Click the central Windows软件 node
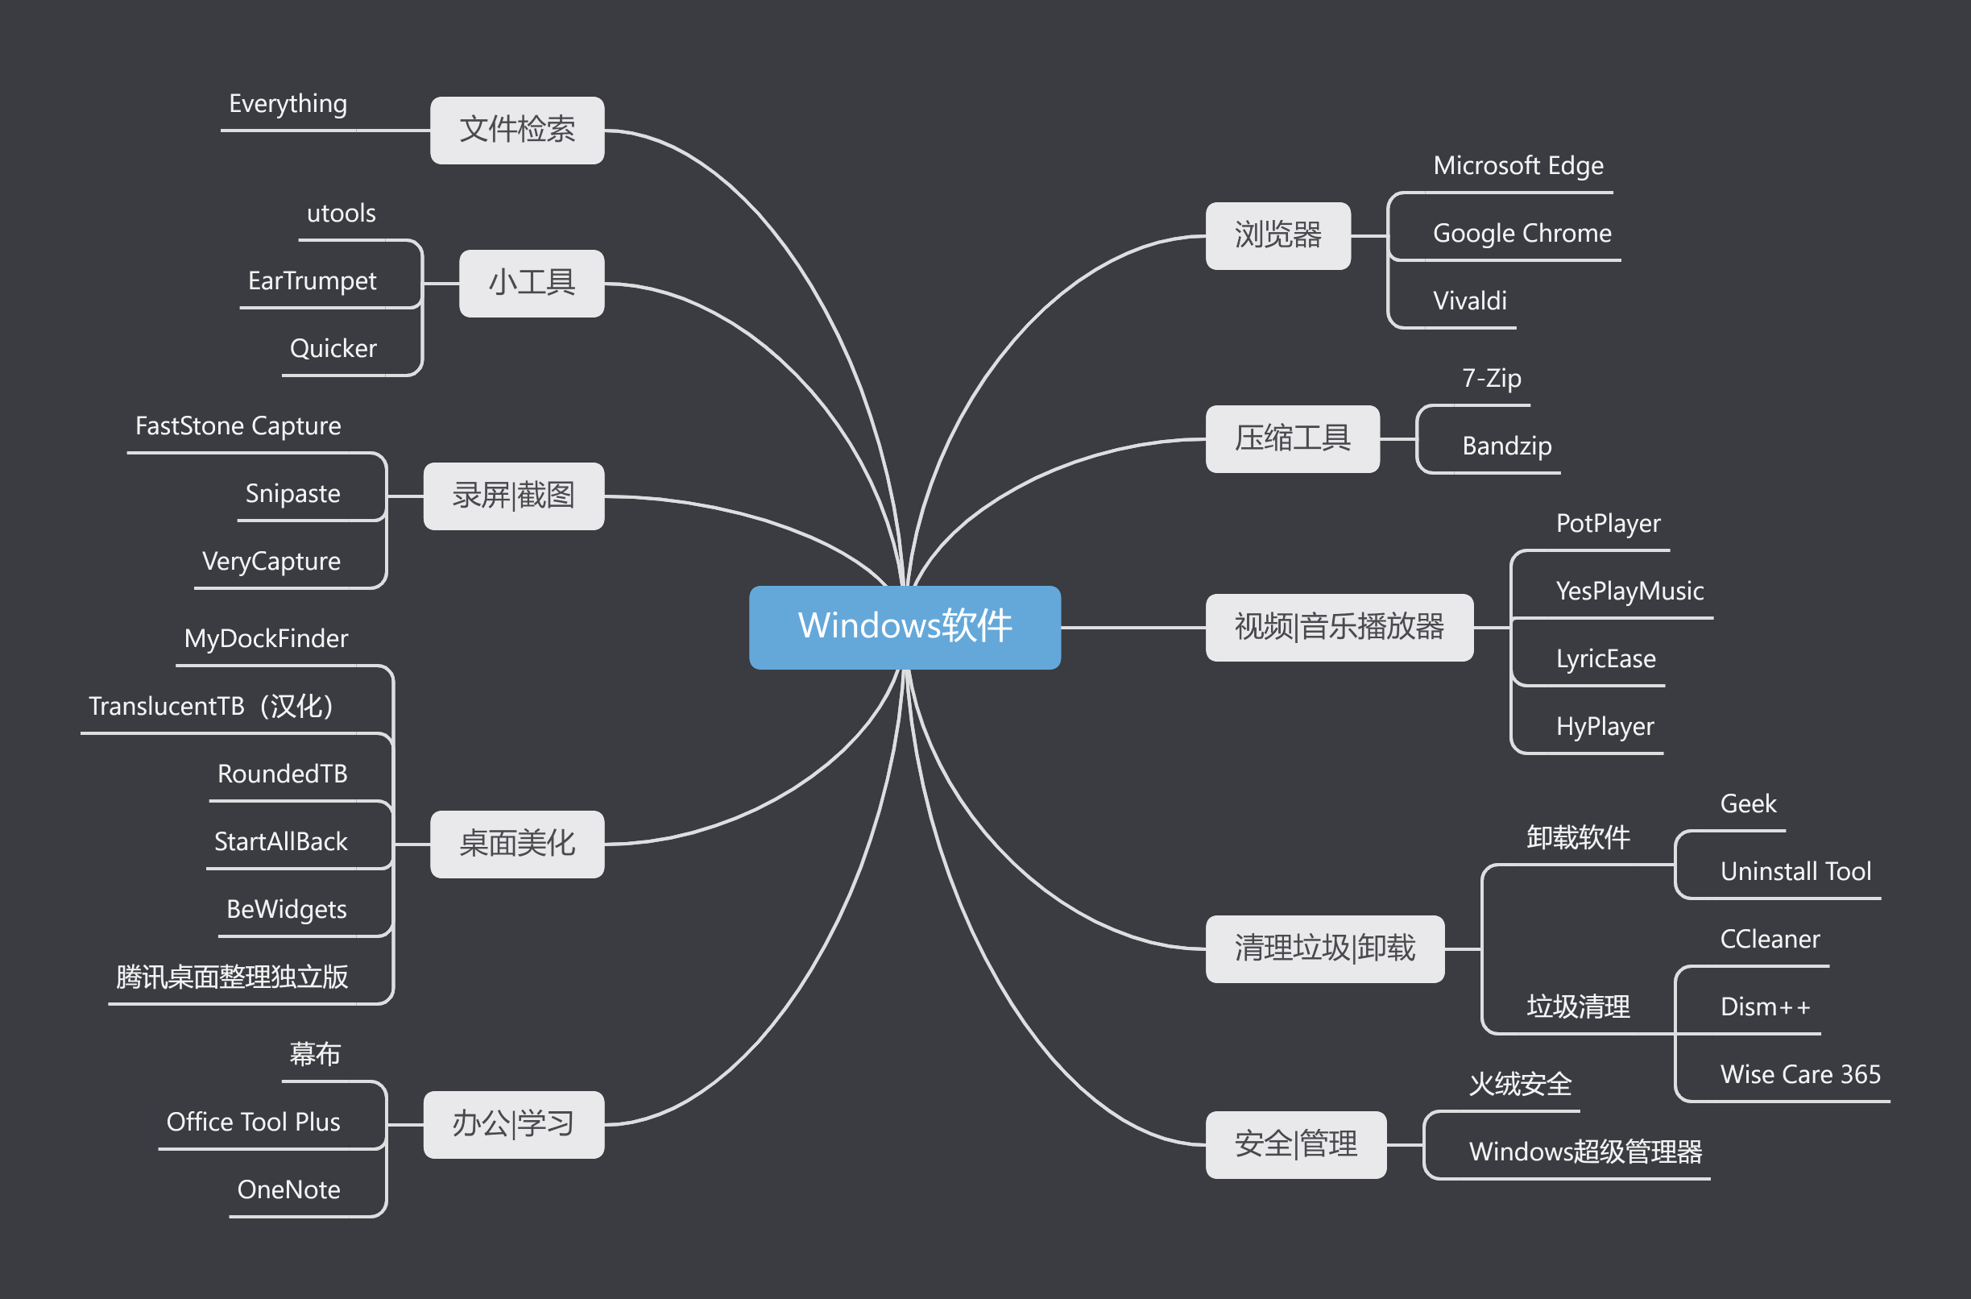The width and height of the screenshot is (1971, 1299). pos(905,627)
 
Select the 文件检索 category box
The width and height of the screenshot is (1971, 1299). pos(517,130)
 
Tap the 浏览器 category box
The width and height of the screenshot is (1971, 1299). pos(1277,235)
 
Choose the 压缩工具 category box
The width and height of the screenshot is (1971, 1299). pos(1292,438)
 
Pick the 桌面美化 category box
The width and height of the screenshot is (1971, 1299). pos(517,844)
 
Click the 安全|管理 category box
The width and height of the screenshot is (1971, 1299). pos(1295,1144)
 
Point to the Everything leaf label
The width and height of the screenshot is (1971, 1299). pos(288,105)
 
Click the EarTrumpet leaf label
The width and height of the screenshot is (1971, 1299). pos(312,281)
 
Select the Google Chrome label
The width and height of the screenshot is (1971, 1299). pos(1522,234)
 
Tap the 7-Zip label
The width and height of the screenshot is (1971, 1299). pos(1491,379)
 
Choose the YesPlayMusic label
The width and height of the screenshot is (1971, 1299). pos(1629,591)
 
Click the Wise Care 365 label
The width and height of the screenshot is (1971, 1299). pos(1799,1074)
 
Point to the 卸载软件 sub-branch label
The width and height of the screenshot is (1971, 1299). pos(1578,837)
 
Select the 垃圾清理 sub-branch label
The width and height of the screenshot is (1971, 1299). pos(1578,1006)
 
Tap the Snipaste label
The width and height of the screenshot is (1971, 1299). pos(292,494)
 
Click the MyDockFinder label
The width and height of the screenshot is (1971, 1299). pos(266,639)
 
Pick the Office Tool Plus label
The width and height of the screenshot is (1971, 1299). pos(253,1122)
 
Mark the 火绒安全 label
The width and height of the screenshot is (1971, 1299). pos(1520,1084)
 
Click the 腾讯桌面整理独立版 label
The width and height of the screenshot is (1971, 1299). pos(232,977)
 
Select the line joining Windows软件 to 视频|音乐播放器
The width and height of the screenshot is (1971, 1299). pos(1133,628)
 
